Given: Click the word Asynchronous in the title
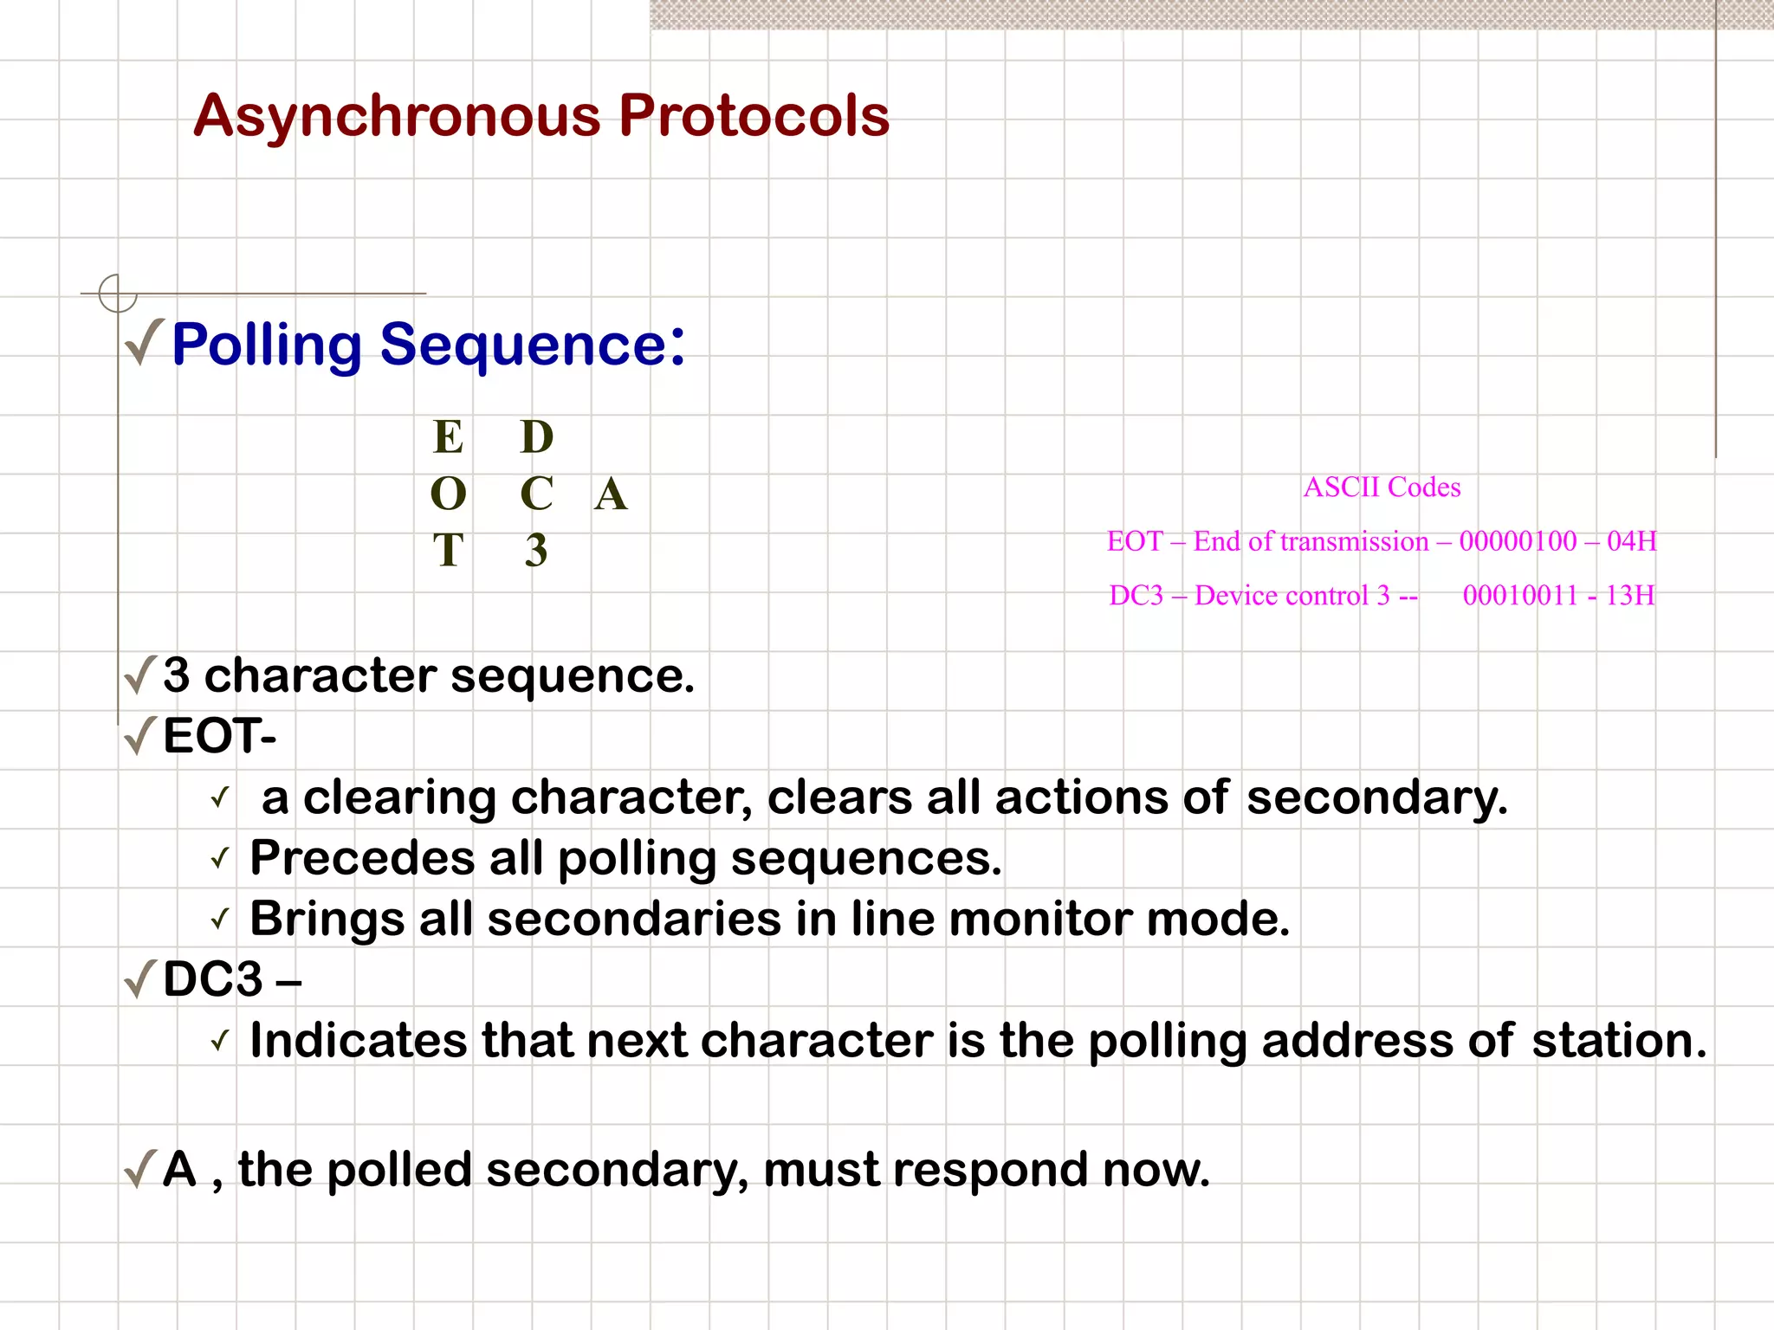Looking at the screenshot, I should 397,116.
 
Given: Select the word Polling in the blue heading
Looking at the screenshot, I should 266,345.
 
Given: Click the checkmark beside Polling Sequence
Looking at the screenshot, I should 144,342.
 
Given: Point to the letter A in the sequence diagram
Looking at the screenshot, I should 611,494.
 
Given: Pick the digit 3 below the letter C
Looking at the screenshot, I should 536,551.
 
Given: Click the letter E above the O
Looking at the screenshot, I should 448,437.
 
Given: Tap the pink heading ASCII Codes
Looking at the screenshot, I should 1382,487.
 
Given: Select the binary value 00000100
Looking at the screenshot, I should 1518,541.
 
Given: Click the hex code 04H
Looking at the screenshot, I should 1631,541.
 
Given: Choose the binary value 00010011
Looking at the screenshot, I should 1520,596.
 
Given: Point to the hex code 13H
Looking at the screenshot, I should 1629,596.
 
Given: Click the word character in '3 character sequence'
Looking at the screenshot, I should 320,675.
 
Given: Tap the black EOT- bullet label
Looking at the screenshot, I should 219,736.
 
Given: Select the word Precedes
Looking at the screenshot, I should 362,858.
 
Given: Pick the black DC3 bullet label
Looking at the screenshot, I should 213,979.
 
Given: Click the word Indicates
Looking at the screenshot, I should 358,1040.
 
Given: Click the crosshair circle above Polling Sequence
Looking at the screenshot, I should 118,293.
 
